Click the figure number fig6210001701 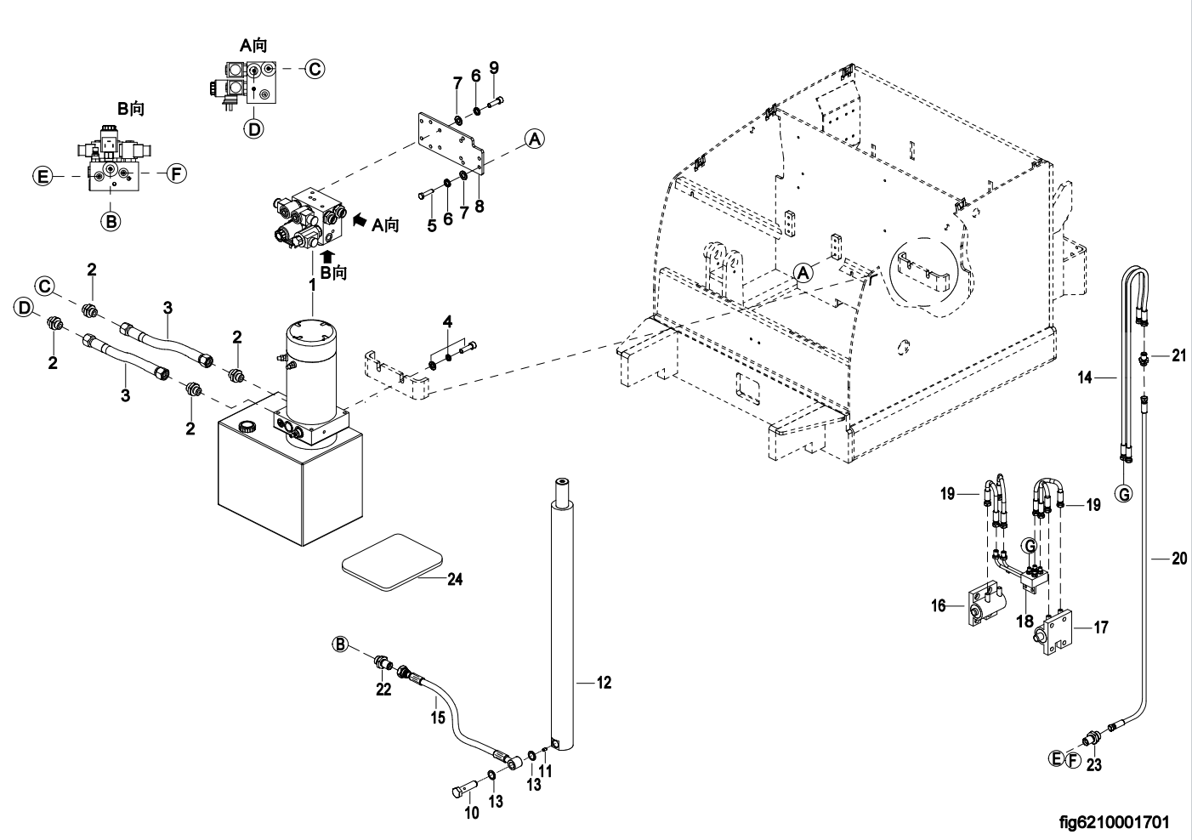pyautogui.click(x=1114, y=822)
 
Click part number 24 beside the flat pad pyautogui.click(x=455, y=580)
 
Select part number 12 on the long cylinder pyautogui.click(x=604, y=682)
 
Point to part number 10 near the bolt pyautogui.click(x=472, y=813)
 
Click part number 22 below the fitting pyautogui.click(x=383, y=690)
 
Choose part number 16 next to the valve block pyautogui.click(x=939, y=605)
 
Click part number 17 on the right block pyautogui.click(x=1100, y=628)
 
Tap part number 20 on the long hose pyautogui.click(x=1178, y=559)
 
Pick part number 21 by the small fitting pyautogui.click(x=1178, y=356)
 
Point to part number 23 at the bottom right pyautogui.click(x=1094, y=764)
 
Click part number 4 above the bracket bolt pyautogui.click(x=447, y=321)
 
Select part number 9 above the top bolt pyautogui.click(x=494, y=68)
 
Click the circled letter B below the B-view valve pyautogui.click(x=111, y=221)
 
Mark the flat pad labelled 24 pyautogui.click(x=391, y=560)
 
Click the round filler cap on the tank pyautogui.click(x=247, y=426)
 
